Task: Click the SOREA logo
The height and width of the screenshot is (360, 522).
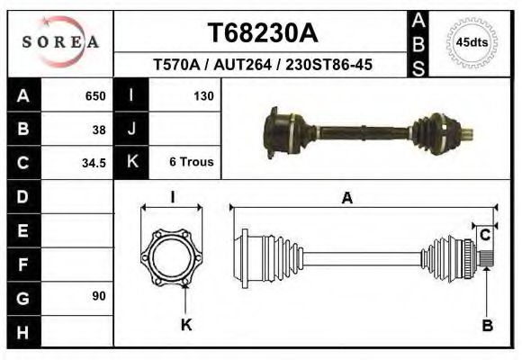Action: [x=59, y=42]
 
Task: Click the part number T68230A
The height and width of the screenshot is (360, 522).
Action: [x=262, y=33]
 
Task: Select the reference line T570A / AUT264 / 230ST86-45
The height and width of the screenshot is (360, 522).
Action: [x=262, y=66]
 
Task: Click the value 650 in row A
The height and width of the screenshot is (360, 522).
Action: [x=95, y=95]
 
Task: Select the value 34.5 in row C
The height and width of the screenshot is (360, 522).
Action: [x=95, y=162]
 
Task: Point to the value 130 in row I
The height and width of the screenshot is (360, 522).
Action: [x=202, y=95]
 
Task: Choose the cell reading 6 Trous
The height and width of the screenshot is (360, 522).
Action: [x=191, y=162]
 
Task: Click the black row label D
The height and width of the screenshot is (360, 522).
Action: [x=23, y=195]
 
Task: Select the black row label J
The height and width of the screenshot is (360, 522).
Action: [x=131, y=129]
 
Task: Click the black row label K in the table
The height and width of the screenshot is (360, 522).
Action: [x=131, y=162]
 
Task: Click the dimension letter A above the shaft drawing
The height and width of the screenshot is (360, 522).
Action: [x=346, y=199]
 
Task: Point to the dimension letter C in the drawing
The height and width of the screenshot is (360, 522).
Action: [x=484, y=235]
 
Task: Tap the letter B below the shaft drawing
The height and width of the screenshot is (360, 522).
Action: [x=487, y=326]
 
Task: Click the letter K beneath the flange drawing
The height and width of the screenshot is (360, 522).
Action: [x=186, y=325]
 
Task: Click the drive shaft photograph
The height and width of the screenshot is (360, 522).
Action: [x=369, y=131]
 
